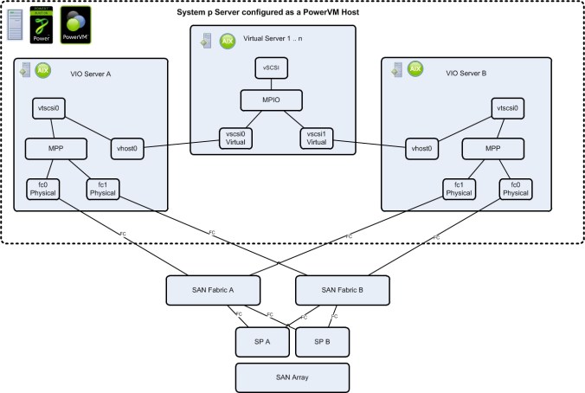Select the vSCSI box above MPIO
pos(271,67)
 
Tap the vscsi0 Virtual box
pos(234,139)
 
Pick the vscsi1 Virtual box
pos(318,139)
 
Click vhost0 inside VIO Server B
pos(421,148)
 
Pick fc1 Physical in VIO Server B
pos(459,188)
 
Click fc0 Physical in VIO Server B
pos(516,188)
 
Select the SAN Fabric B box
pos(336,289)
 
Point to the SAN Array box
pos(292,377)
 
